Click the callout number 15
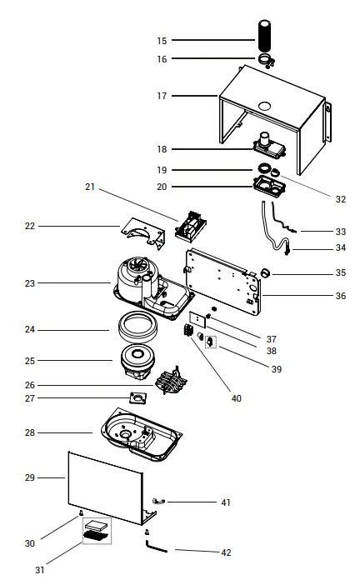click(x=162, y=40)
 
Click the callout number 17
click(x=162, y=96)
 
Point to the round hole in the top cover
click(x=264, y=106)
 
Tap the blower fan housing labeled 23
click(x=137, y=283)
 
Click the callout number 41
click(x=226, y=502)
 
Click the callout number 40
click(x=236, y=398)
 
